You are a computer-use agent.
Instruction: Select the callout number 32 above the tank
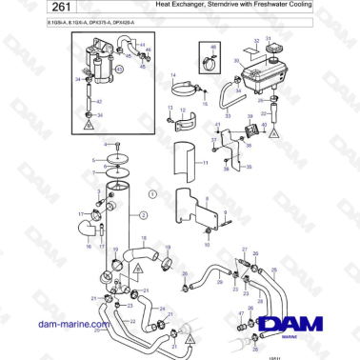tap(255, 42)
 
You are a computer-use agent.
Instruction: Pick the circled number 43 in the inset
tap(120, 69)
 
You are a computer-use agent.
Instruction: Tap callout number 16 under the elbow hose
tap(88, 247)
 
